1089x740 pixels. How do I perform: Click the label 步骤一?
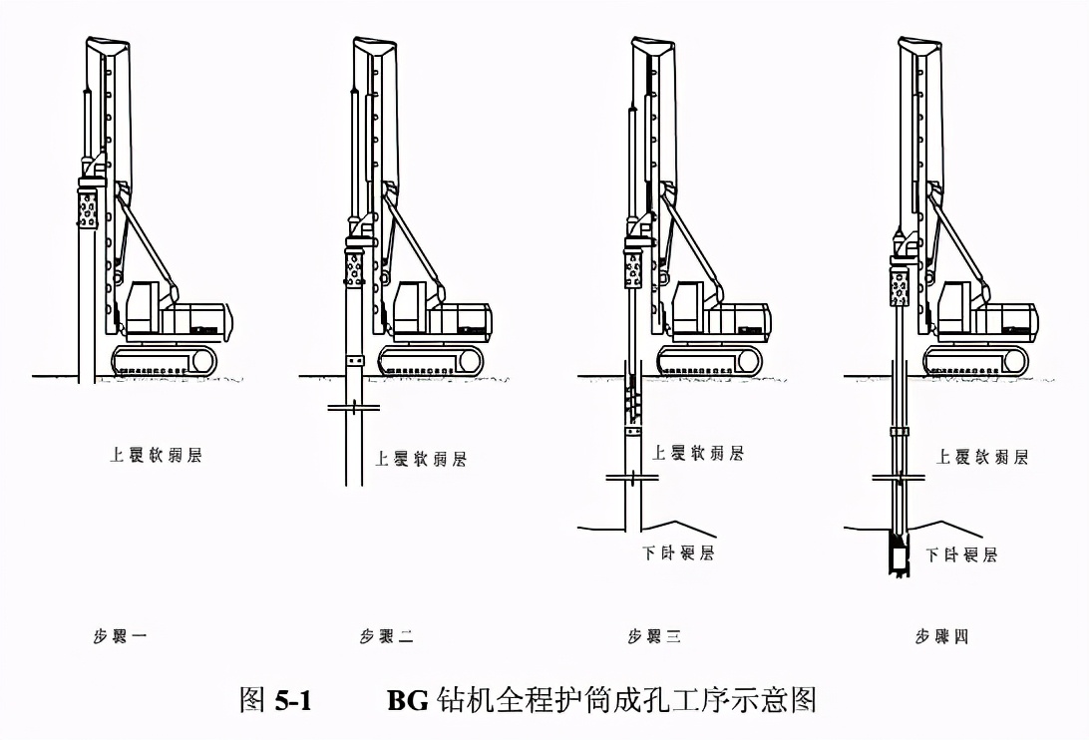[120, 635]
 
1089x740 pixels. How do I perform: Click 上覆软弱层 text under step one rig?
[156, 455]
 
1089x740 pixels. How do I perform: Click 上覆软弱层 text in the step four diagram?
[982, 457]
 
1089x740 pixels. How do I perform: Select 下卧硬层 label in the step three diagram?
[677, 552]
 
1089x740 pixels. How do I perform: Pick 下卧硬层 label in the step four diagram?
[960, 555]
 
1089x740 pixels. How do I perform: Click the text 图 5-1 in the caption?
[275, 700]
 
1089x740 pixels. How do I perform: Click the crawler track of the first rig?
[165, 360]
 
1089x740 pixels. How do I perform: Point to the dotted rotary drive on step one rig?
[88, 210]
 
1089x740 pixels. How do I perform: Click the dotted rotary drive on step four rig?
[900, 286]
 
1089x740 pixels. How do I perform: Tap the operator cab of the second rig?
[410, 303]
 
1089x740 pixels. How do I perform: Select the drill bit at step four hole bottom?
[899, 555]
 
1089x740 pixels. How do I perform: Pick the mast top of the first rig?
[107, 47]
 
